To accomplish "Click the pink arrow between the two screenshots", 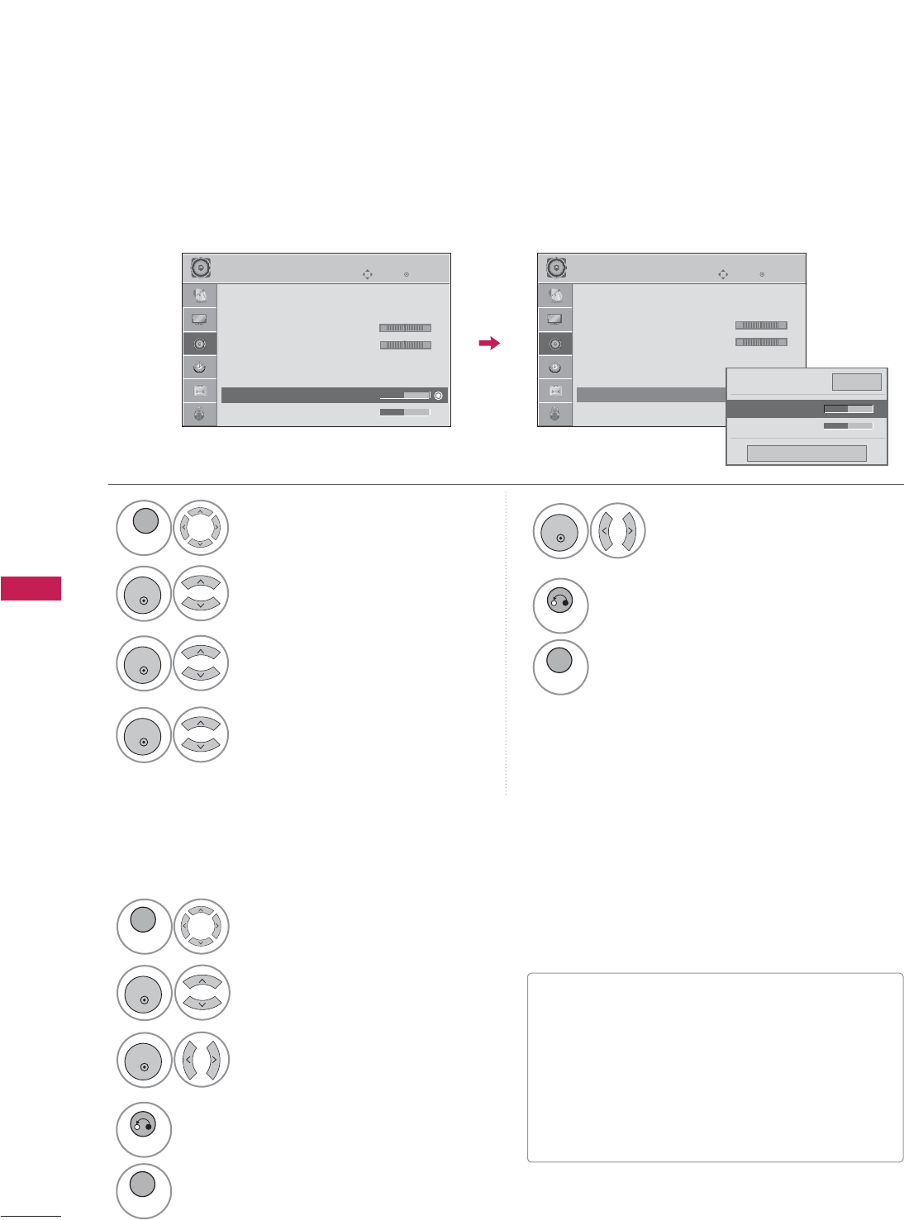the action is (490, 343).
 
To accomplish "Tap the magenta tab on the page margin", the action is (31, 588).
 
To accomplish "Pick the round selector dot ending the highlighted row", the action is (438, 396).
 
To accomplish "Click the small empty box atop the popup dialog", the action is (856, 382).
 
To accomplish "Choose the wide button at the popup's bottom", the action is (806, 453).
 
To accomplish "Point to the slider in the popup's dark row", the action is (848, 408).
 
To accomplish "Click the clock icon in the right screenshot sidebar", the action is (554, 367).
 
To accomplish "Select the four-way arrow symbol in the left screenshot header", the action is (368, 273).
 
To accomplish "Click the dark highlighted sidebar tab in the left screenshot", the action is (200, 344).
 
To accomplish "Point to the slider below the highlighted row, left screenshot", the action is (405, 411).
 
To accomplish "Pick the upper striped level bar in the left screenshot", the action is (405, 328).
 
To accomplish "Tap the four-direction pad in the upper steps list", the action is (201, 527).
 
